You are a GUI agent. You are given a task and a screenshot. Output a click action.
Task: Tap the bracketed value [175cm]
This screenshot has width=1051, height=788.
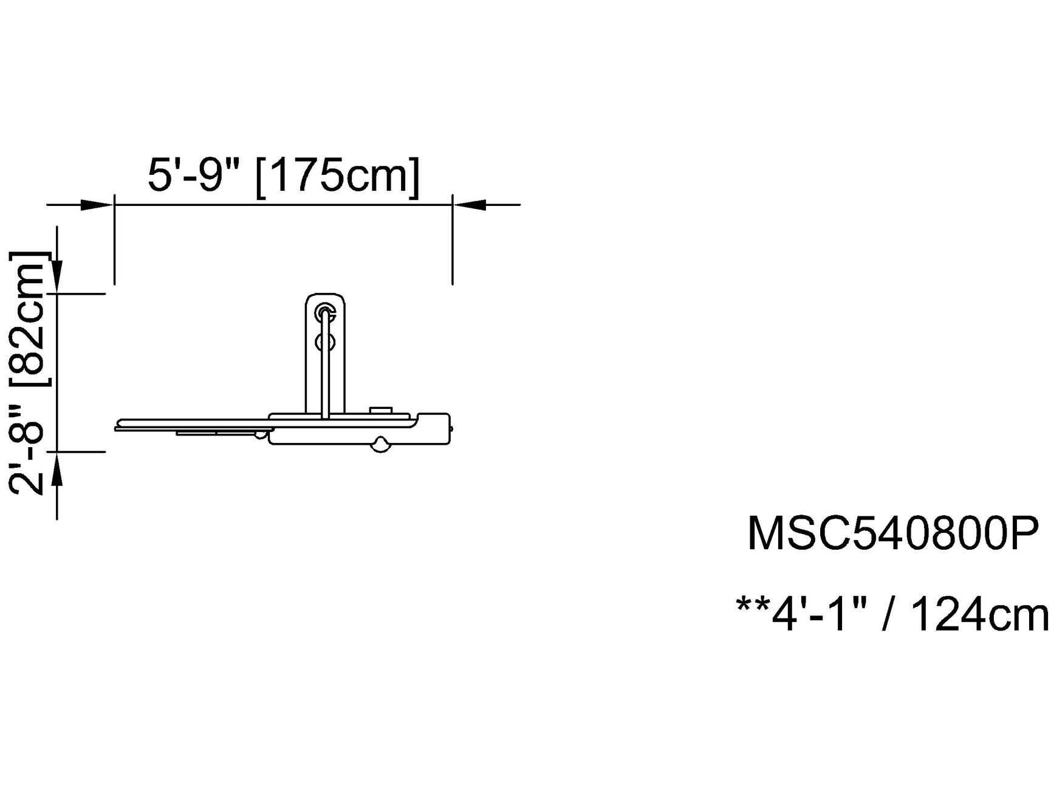coord(338,177)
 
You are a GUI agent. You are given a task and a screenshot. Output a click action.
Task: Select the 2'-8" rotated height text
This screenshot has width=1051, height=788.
coord(28,450)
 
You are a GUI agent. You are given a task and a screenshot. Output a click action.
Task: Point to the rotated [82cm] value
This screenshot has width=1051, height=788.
coord(29,318)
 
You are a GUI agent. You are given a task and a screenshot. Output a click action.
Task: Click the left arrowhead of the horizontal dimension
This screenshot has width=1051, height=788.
coord(97,205)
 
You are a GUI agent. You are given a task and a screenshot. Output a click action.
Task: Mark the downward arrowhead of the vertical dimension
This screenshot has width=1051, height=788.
coord(56,276)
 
